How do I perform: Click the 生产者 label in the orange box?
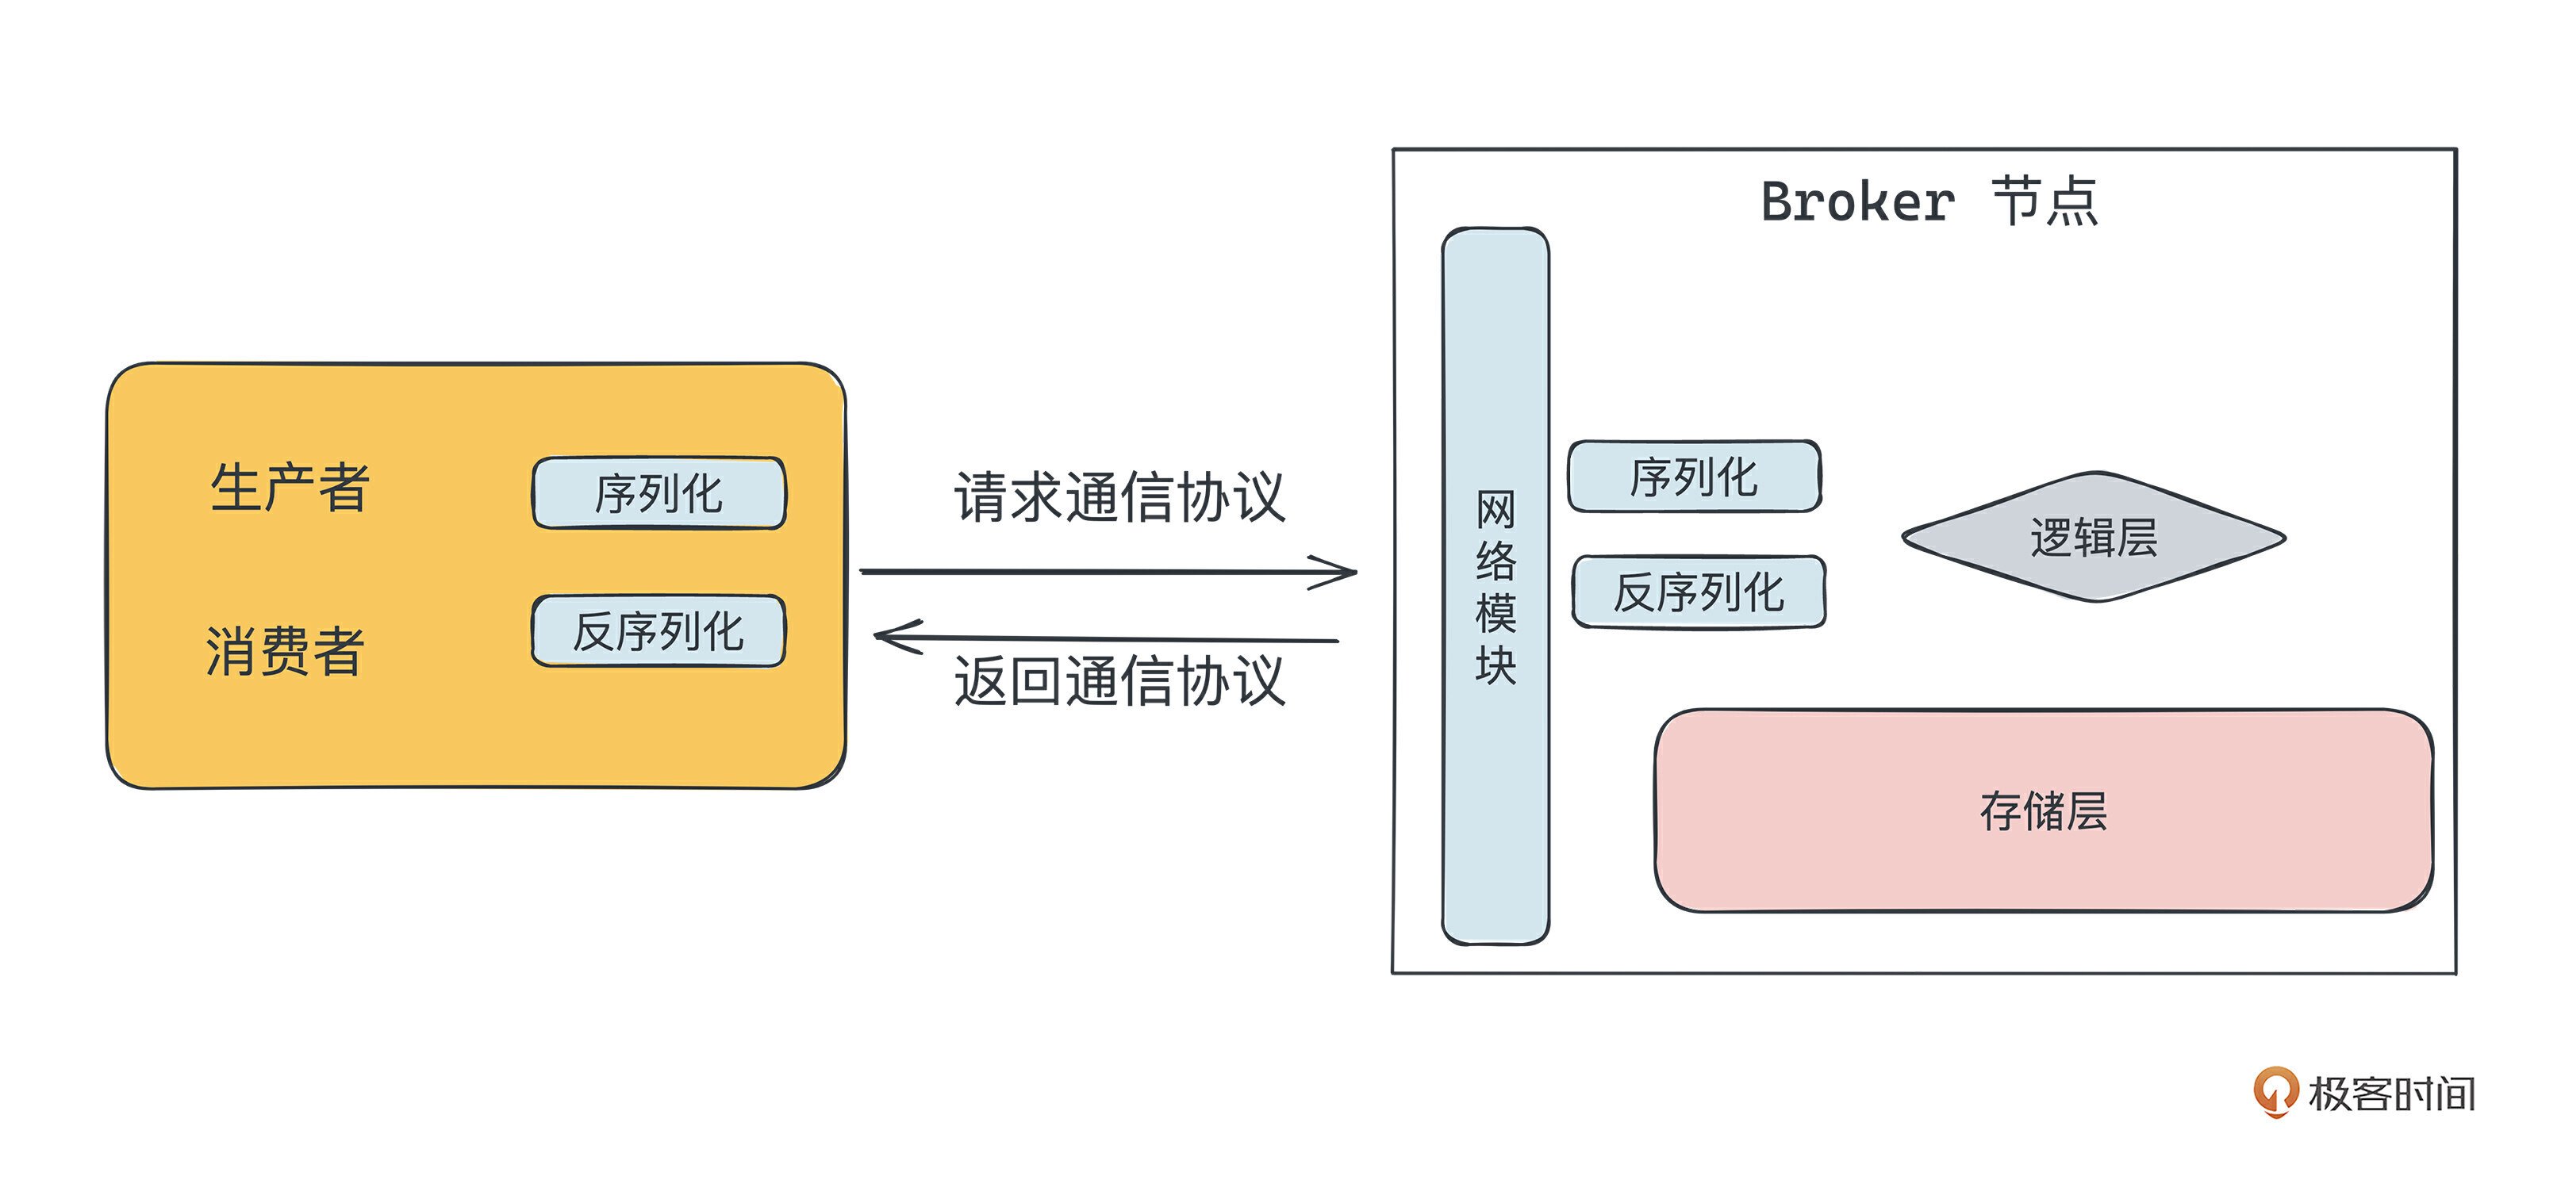[x=290, y=488]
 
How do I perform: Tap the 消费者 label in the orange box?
[x=286, y=651]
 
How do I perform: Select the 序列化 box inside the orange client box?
[x=659, y=493]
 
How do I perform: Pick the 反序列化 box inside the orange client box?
[x=659, y=631]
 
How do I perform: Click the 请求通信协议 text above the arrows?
[x=1119, y=497]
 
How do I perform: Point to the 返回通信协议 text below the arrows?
[x=1119, y=682]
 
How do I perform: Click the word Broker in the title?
[x=1857, y=203]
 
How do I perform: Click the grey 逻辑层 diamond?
[x=2094, y=538]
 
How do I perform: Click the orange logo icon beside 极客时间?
[x=2274, y=1090]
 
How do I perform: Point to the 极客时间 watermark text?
[x=2391, y=1094]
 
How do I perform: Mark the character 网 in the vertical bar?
[x=1496, y=510]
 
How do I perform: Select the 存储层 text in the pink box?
[x=2043, y=811]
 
